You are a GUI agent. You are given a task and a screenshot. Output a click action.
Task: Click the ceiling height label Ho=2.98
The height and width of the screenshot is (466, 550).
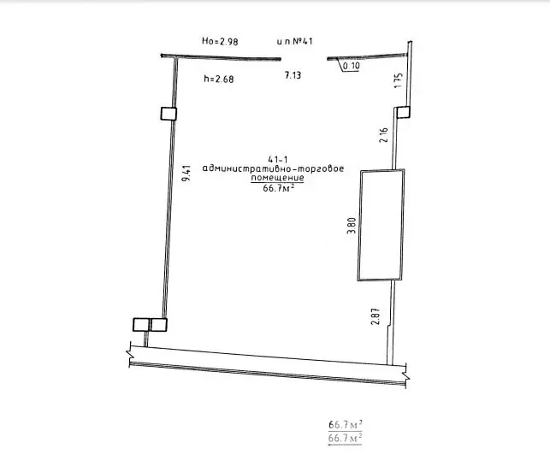pyautogui.click(x=220, y=41)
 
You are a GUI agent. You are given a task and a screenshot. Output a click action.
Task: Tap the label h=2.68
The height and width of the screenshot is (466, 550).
pyautogui.click(x=219, y=79)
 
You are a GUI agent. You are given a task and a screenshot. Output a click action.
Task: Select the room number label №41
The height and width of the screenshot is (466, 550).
pyautogui.click(x=302, y=41)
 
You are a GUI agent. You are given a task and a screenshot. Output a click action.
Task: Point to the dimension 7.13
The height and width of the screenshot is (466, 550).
pyautogui.click(x=293, y=75)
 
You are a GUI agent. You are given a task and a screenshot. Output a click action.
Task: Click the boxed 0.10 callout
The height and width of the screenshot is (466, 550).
pyautogui.click(x=351, y=66)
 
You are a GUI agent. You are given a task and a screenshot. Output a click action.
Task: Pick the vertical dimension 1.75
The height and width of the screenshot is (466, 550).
pyautogui.click(x=399, y=80)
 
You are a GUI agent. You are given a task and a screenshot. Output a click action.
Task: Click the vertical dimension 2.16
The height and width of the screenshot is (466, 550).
pyautogui.click(x=384, y=135)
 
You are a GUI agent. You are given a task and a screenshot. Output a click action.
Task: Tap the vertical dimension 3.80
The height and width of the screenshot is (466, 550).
pyautogui.click(x=352, y=226)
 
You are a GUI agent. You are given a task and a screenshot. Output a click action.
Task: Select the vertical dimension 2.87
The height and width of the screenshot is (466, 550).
pyautogui.click(x=376, y=316)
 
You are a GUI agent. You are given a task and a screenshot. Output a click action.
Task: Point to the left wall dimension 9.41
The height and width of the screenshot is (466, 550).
pyautogui.click(x=186, y=173)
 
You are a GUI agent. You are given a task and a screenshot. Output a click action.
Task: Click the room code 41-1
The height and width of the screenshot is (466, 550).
pyautogui.click(x=277, y=160)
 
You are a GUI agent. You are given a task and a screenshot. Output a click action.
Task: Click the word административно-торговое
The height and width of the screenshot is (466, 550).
pyautogui.click(x=273, y=168)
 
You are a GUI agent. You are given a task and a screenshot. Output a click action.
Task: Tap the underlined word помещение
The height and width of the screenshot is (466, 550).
pyautogui.click(x=277, y=178)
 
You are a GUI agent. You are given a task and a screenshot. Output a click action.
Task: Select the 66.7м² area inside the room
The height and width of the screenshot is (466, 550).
pyautogui.click(x=279, y=188)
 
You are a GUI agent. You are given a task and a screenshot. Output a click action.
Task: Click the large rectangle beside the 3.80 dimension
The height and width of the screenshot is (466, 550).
pyautogui.click(x=381, y=225)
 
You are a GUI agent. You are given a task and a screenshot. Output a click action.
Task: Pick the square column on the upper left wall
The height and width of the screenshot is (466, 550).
pyautogui.click(x=169, y=114)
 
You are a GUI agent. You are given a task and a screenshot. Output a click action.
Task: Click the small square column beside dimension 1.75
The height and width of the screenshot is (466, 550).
pyautogui.click(x=404, y=113)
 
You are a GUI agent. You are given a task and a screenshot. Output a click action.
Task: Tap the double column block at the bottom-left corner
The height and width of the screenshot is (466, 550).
pyautogui.click(x=151, y=324)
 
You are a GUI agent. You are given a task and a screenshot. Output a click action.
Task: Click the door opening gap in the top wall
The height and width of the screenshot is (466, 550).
pyautogui.click(x=305, y=59)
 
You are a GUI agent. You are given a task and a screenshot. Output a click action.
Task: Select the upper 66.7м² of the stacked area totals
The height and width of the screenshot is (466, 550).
pyautogui.click(x=346, y=425)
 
